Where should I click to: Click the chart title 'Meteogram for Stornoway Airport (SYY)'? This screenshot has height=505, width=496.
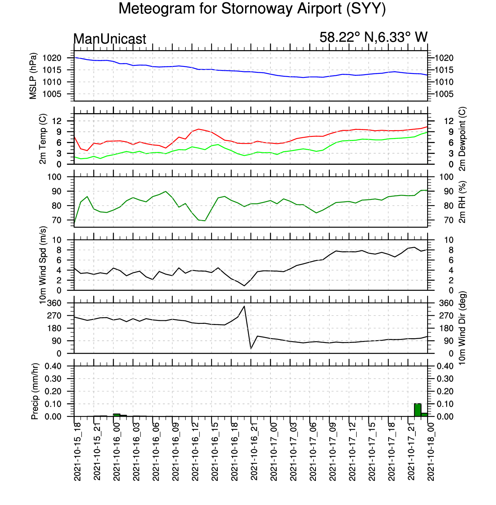pos(252,9)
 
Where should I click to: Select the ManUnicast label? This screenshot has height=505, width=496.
pos(109,39)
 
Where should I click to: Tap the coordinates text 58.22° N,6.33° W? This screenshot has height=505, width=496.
pos(373,37)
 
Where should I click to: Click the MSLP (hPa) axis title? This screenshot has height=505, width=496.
pos(33,76)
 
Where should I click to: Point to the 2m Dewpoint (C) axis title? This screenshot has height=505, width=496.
pos(463,139)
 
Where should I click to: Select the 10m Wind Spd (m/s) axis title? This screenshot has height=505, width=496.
pos(42,265)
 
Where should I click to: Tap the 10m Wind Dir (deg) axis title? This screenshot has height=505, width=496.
pos(463,328)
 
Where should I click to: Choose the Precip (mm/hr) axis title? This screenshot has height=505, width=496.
pos(35,391)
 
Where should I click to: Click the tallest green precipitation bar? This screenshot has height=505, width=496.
pos(417,410)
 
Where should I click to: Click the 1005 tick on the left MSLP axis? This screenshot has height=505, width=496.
pos(52,94)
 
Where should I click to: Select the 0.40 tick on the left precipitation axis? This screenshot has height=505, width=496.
pos(53,366)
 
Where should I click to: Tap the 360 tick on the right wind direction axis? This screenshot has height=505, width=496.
pos(446,303)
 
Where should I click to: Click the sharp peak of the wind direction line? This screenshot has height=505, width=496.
pos(244,306)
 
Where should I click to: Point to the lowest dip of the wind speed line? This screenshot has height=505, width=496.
pos(244,286)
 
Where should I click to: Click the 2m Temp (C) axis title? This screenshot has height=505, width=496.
pos(42,139)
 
